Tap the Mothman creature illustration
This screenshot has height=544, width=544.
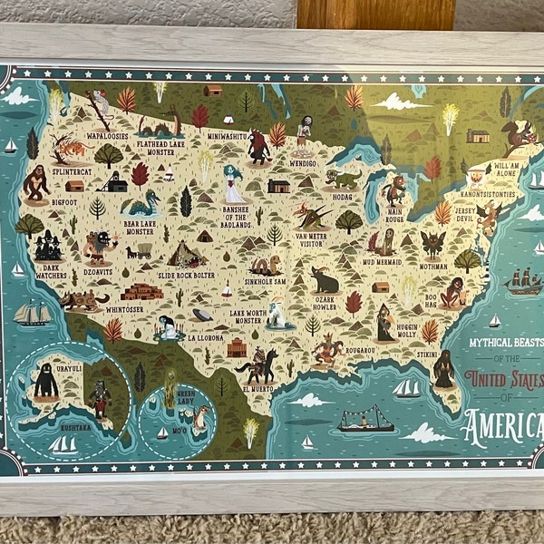coord(432,245)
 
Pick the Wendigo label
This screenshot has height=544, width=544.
coord(303,163)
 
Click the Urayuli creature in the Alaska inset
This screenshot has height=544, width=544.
coord(46,380)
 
